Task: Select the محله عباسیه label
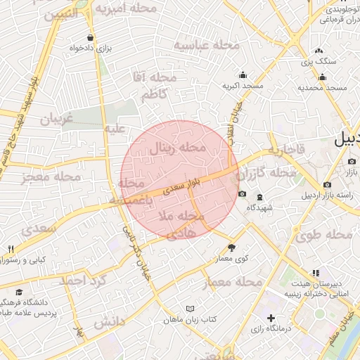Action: tap(207, 46)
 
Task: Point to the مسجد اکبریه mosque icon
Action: tap(243, 75)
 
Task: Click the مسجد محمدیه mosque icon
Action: tap(321, 77)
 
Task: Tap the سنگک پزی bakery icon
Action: tap(319, 51)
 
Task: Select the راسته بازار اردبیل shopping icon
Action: tap(328, 184)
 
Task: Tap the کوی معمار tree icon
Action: tap(231, 247)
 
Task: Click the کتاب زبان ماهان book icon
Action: tap(188, 309)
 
